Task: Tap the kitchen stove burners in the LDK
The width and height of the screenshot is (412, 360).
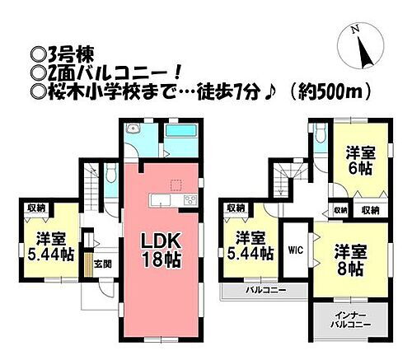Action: (x=188, y=201)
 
